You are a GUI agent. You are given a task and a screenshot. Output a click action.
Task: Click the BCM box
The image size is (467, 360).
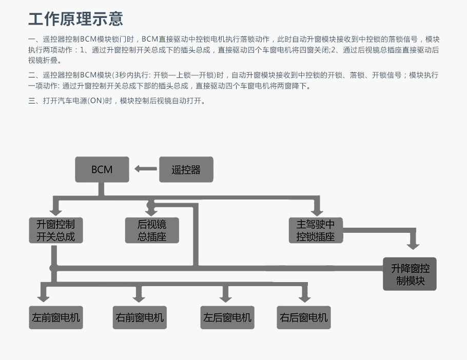click(x=102, y=169)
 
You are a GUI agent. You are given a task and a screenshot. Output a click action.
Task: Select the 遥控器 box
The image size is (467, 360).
click(x=186, y=169)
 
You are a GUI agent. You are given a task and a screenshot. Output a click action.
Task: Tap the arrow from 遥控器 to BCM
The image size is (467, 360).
click(x=146, y=169)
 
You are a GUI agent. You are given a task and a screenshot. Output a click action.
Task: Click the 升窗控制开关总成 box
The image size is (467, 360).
click(x=56, y=230)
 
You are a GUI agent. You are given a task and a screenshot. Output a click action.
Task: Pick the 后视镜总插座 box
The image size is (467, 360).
click(x=152, y=230)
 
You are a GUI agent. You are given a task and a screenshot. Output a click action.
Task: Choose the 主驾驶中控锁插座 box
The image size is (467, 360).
click(x=316, y=230)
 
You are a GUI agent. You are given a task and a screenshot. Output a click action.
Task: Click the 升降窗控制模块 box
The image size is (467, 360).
click(x=410, y=274)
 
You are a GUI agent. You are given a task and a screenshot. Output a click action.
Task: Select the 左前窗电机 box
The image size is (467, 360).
click(x=56, y=317)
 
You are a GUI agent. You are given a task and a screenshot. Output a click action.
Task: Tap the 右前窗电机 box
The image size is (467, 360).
click(x=140, y=317)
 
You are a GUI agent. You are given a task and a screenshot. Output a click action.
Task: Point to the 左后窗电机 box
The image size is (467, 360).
click(x=227, y=317)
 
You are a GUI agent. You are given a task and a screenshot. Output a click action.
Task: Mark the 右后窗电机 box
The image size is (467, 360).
click(x=304, y=317)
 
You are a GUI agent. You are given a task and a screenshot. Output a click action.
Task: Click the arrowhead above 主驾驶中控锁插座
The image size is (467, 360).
click(x=317, y=212)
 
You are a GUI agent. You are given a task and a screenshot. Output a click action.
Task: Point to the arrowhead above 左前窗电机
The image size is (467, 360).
click(x=44, y=298)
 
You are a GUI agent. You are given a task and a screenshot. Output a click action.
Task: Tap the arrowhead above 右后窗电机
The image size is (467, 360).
click(x=304, y=298)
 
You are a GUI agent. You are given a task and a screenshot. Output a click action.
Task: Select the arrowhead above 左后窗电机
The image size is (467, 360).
click(x=225, y=298)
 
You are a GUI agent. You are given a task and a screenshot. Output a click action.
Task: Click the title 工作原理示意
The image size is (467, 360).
click(x=75, y=19)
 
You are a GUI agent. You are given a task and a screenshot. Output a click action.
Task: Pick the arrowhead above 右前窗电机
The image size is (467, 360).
click(x=139, y=298)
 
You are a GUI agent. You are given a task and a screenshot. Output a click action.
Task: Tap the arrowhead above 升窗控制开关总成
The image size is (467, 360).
click(x=56, y=211)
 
